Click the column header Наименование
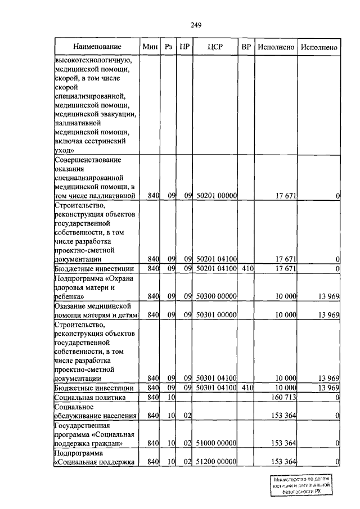point(96,47)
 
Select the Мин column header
point(150,47)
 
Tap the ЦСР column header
point(215,47)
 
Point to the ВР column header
point(246,47)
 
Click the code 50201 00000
point(217,196)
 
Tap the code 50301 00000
point(217,316)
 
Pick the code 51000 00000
point(217,443)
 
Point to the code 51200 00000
point(217,462)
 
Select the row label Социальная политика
point(89,398)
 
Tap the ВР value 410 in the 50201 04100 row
point(246,269)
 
